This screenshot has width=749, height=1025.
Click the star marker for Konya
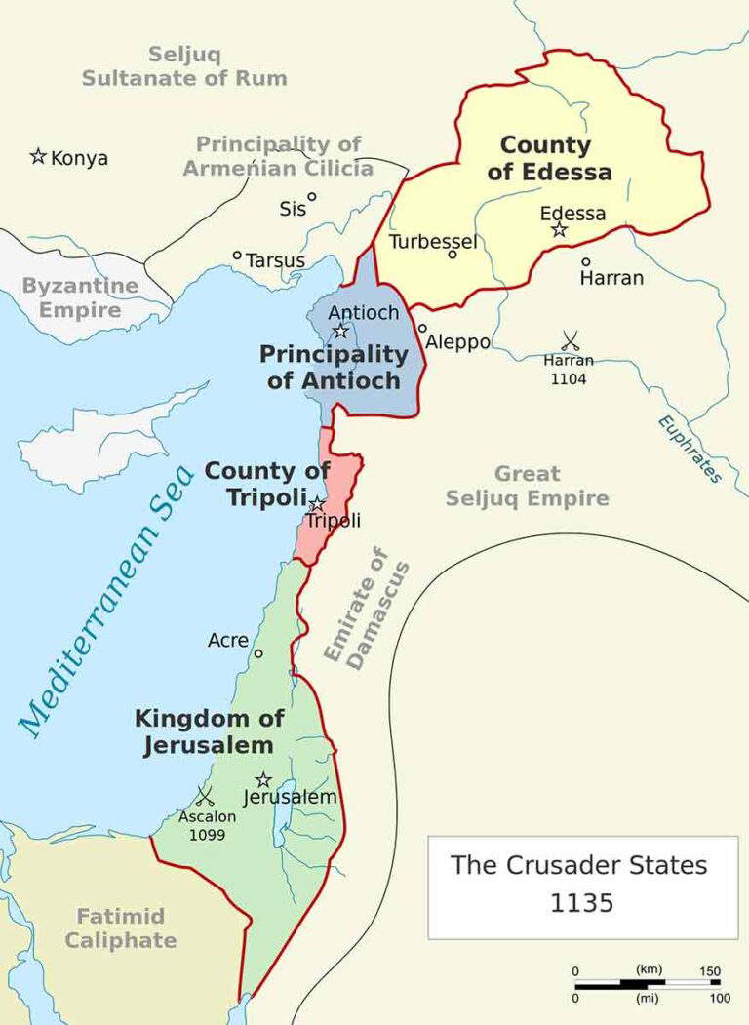[x=38, y=156]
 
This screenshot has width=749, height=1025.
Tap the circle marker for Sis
[x=312, y=196]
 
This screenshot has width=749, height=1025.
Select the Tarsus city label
[x=275, y=261]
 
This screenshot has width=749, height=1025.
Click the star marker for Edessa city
[x=559, y=230]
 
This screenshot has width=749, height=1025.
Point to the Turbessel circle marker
[x=453, y=255]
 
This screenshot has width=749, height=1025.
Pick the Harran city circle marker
[x=586, y=261]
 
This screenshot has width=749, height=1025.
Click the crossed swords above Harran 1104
[x=571, y=340]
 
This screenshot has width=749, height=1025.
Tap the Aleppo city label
[x=457, y=342]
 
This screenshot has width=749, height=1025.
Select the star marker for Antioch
[x=340, y=331]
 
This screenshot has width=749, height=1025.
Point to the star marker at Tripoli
[x=316, y=504]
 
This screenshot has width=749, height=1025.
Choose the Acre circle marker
[x=258, y=653]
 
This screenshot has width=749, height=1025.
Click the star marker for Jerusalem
[x=263, y=779]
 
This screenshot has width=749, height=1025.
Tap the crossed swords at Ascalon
[x=205, y=796]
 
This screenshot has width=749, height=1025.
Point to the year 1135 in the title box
[x=582, y=903]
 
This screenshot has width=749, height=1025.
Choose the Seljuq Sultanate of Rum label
[x=184, y=66]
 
